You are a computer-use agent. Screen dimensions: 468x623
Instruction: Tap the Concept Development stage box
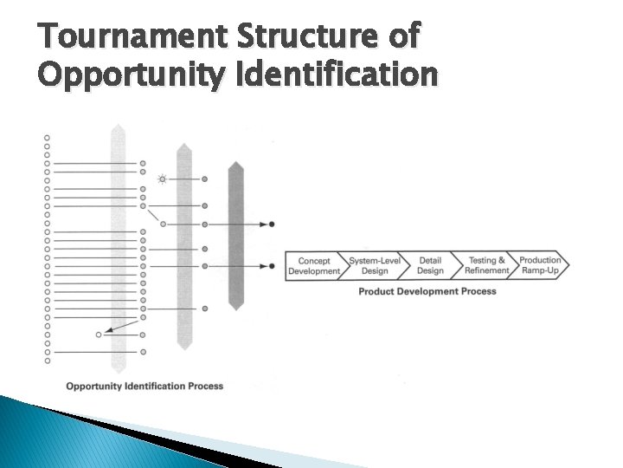click(314, 266)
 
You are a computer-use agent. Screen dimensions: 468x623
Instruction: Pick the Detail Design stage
click(430, 266)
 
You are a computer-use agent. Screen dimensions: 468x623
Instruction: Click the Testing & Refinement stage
click(485, 266)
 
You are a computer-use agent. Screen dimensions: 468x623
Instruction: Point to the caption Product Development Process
click(427, 291)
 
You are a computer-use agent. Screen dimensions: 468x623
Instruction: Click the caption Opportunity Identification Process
click(145, 386)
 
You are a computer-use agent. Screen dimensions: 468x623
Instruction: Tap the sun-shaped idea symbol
click(162, 179)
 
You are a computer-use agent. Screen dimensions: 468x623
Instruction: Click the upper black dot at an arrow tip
click(272, 224)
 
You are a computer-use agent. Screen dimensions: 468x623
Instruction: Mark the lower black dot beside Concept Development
click(272, 266)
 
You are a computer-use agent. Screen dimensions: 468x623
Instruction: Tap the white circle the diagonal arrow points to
click(99, 334)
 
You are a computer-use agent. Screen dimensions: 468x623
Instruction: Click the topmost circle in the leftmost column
click(47, 137)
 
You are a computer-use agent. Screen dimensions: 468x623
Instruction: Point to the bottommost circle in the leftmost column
click(47, 361)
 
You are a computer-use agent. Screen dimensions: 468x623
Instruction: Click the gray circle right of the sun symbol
click(204, 179)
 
